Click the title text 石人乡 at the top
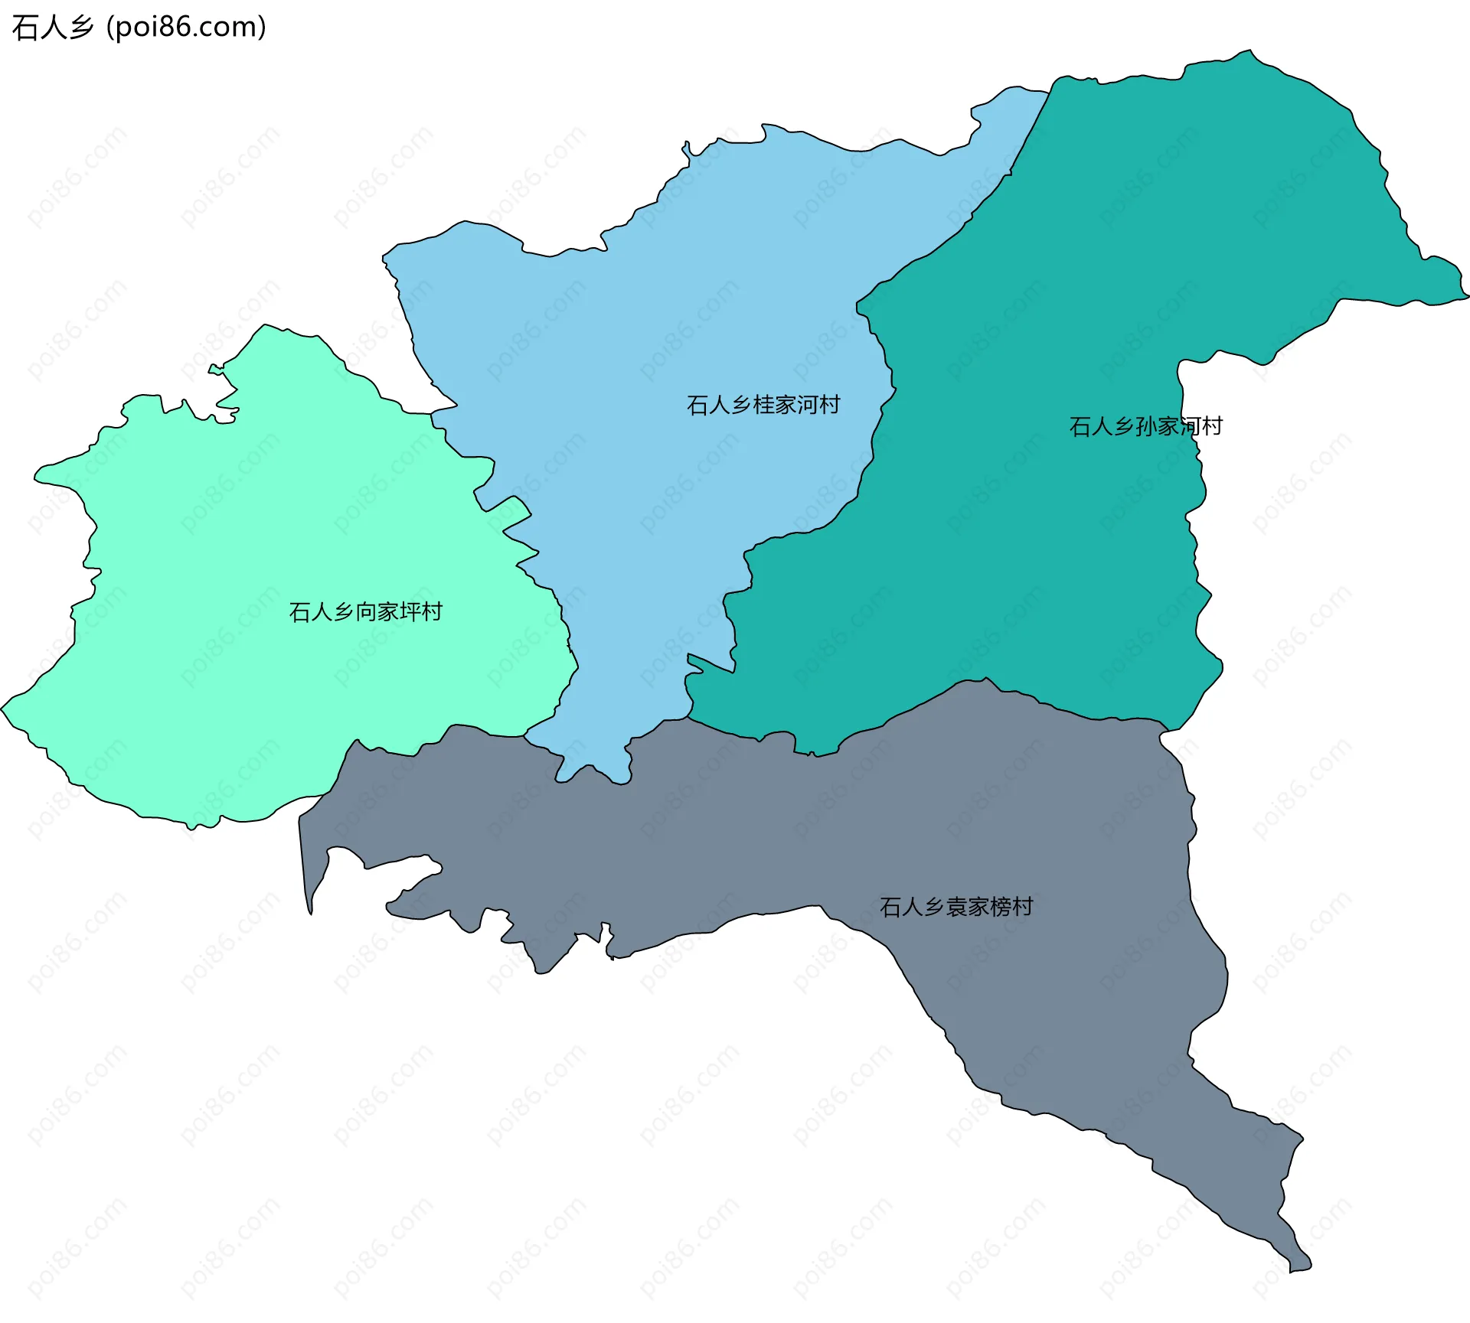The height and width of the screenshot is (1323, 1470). click(x=52, y=28)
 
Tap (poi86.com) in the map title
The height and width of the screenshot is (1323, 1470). click(x=186, y=28)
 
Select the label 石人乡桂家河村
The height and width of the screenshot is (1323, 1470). click(x=763, y=405)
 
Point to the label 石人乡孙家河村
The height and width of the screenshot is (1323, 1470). click(x=1145, y=426)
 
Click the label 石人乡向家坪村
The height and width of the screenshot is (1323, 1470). click(x=365, y=612)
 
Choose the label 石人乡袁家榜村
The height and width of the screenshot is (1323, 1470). click(x=956, y=907)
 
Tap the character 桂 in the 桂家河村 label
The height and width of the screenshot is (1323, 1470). click(x=764, y=405)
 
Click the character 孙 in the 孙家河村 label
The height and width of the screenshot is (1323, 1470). click(x=1147, y=426)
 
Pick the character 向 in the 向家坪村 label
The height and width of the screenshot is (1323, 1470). click(x=366, y=612)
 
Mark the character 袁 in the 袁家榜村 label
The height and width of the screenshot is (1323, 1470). click(x=957, y=907)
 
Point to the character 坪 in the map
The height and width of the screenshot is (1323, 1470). click(x=410, y=612)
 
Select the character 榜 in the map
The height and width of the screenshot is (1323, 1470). click(x=1001, y=907)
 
